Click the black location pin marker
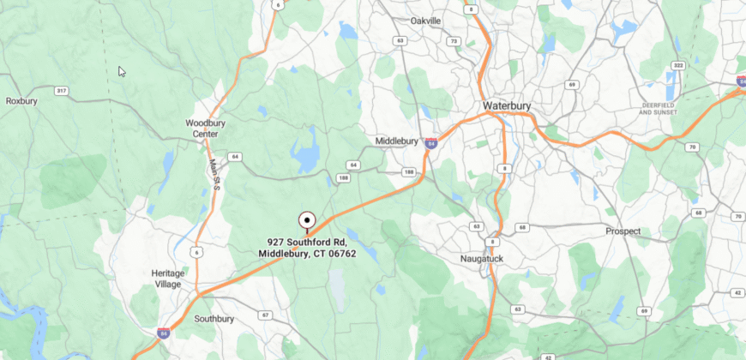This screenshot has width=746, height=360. pyautogui.click(x=307, y=221)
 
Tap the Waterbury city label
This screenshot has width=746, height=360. pyautogui.click(x=507, y=106)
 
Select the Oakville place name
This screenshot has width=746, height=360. pyautogui.click(x=425, y=20)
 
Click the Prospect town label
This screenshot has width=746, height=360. pyautogui.click(x=623, y=231)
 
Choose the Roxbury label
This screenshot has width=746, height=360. pyautogui.click(x=22, y=100)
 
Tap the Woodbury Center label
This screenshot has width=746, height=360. pyautogui.click(x=206, y=128)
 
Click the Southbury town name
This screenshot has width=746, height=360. pyautogui.click(x=214, y=319)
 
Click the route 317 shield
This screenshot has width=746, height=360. pyautogui.click(x=61, y=90)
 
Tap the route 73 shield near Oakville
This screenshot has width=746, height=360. pyautogui.click(x=453, y=41)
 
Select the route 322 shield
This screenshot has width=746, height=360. pyautogui.click(x=677, y=65)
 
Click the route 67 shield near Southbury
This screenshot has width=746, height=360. pyautogui.click(x=266, y=315)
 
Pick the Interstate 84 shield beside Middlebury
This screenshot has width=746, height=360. pyautogui.click(x=431, y=143)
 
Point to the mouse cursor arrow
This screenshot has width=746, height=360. pyautogui.click(x=122, y=72)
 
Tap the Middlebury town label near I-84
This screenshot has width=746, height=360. pyautogui.click(x=397, y=141)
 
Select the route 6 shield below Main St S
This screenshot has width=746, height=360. pyautogui.click(x=196, y=251)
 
